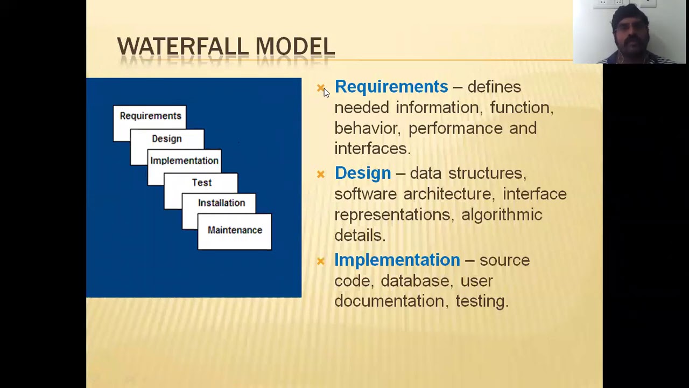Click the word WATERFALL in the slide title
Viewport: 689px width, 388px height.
(184, 47)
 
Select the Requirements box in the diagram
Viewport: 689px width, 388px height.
(150, 116)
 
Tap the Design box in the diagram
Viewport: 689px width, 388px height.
(167, 139)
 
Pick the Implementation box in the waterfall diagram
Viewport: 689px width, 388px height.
(184, 161)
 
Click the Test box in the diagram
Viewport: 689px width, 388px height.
(202, 183)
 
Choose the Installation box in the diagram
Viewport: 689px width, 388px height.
(221, 203)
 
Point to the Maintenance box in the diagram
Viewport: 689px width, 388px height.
(235, 231)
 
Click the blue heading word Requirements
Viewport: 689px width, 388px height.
(391, 87)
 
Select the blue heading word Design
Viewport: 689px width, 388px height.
(362, 173)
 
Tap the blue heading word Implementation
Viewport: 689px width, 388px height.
(397, 260)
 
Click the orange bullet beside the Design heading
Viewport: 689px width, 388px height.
(321, 174)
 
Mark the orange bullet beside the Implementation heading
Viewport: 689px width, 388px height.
(321, 261)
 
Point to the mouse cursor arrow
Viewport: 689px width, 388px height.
(326, 92)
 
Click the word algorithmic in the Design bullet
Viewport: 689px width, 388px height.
(501, 214)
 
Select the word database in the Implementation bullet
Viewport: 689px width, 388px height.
(414, 281)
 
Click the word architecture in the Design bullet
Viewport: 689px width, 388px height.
(447, 194)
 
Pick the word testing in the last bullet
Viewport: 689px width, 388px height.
(481, 301)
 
